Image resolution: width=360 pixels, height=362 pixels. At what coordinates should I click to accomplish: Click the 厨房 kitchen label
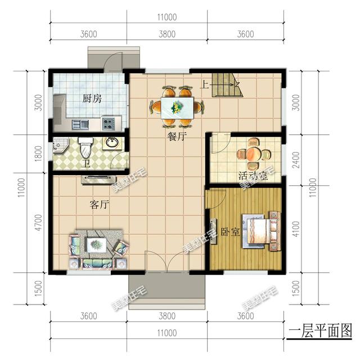click(x=92, y=99)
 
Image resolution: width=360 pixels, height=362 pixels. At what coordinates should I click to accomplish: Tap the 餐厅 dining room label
click(x=177, y=136)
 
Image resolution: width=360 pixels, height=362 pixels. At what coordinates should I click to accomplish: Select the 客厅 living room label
click(x=99, y=204)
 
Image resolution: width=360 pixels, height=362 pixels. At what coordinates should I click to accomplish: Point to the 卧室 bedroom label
click(x=229, y=231)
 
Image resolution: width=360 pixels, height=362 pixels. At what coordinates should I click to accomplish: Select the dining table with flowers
click(x=177, y=106)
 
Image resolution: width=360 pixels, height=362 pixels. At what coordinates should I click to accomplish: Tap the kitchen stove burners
click(x=109, y=120)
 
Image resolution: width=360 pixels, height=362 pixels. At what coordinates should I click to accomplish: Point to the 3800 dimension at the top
click(x=167, y=34)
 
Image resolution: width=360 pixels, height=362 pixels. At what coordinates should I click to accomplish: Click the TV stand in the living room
click(x=98, y=180)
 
